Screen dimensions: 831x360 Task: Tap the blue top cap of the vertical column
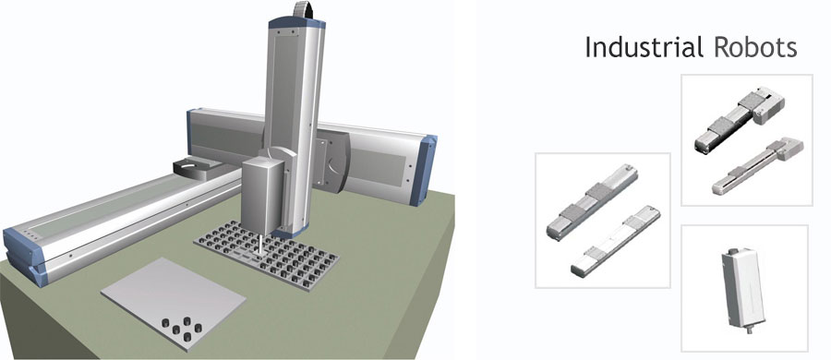(x=296, y=23)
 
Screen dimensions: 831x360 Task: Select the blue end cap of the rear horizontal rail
(x=423, y=170)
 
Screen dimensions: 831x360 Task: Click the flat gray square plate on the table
(x=174, y=304)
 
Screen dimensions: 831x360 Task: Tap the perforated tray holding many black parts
(x=266, y=255)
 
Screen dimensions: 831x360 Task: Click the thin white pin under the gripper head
(x=259, y=246)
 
